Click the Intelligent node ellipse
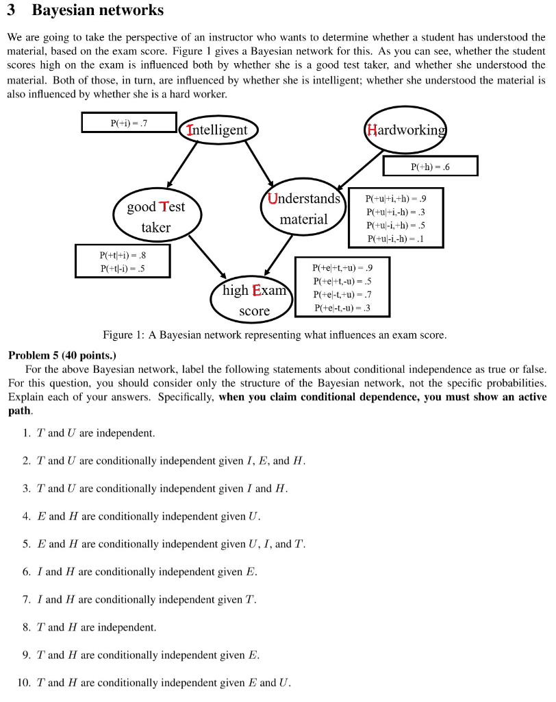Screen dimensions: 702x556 coord(218,130)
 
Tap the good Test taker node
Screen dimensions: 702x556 coord(156,217)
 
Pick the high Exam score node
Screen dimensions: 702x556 coord(254,300)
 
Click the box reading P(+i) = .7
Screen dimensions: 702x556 coord(129,123)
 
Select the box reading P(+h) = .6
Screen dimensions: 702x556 coord(430,166)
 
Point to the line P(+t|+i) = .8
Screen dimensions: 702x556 coord(122,255)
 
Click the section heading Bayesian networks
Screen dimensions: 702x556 coord(97,10)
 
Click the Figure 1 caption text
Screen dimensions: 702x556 coord(274,335)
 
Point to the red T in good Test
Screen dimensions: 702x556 coord(163,206)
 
